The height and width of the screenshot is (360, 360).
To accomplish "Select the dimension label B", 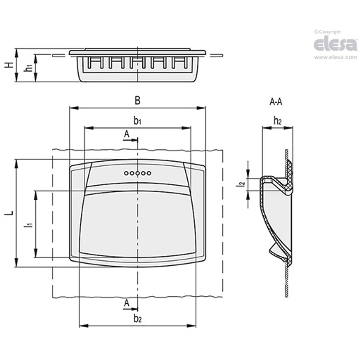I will [137, 101].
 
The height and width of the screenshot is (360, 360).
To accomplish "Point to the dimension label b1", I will [137, 121].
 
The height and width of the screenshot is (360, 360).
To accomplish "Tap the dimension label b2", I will [137, 319].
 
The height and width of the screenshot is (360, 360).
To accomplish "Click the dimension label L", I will [10, 213].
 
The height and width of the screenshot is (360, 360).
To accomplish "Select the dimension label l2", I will [242, 184].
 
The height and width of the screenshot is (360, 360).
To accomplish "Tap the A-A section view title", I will [276, 102].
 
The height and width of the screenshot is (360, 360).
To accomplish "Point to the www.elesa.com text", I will [335, 57].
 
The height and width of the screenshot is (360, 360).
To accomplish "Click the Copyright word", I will [329, 32].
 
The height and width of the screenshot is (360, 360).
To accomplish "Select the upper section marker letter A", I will [127, 134].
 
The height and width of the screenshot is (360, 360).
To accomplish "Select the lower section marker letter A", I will [127, 303].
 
